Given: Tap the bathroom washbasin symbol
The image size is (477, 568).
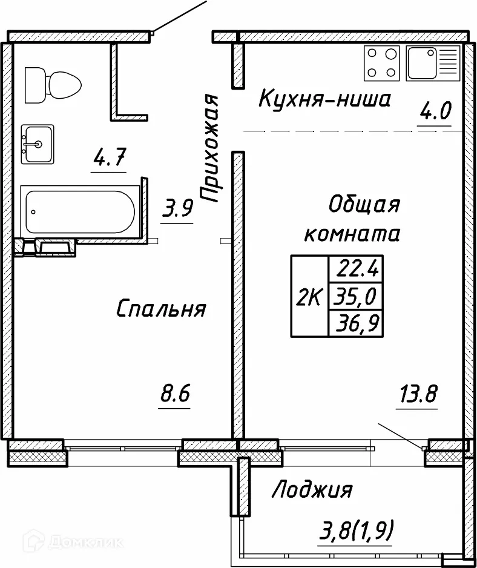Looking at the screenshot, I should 38,144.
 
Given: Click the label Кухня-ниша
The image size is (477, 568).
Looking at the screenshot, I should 324,98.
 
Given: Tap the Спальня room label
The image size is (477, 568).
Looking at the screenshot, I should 160,309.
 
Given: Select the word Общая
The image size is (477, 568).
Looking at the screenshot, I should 364,205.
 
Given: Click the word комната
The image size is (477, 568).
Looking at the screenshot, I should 352,234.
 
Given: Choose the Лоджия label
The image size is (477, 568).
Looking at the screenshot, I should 312,489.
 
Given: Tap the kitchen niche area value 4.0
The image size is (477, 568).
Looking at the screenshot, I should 435,112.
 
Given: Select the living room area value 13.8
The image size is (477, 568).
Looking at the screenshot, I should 417,395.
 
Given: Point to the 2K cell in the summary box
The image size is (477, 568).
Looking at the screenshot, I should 309,297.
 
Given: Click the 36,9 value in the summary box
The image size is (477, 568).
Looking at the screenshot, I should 356,325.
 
